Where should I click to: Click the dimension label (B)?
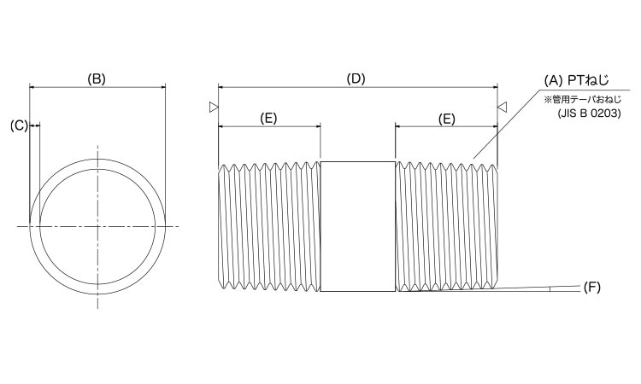coord(97,79)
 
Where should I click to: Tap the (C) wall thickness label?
coord(18,125)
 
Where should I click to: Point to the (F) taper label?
coord(591,287)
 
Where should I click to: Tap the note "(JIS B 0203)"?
coord(588,112)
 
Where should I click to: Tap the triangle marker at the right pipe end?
coord(503,108)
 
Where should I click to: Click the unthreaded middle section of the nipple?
coord(357,226)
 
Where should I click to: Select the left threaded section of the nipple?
coord(268,226)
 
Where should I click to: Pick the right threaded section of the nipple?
coord(445,226)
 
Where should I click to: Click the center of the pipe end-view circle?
coord(97,226)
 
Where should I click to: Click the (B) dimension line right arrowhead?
coord(162,86)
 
